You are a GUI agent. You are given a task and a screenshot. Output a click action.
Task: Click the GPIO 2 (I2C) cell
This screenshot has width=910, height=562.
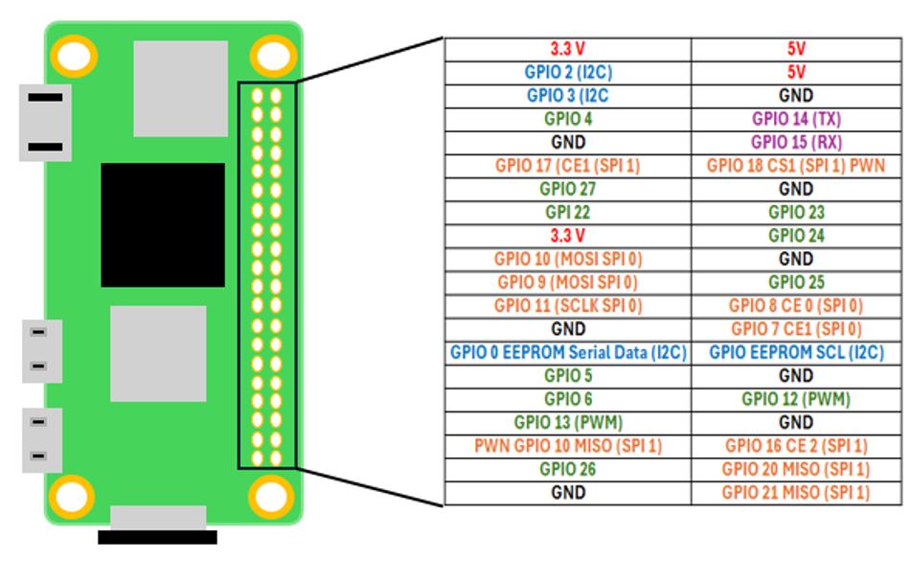pyautogui.click(x=567, y=72)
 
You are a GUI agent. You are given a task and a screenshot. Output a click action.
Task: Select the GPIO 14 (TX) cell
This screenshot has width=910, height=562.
pyautogui.click(x=796, y=119)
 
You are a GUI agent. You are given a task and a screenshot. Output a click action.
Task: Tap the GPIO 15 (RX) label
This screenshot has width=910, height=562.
pyautogui.click(x=796, y=142)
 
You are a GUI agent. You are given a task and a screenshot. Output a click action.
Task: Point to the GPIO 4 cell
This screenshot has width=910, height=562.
pyautogui.click(x=567, y=119)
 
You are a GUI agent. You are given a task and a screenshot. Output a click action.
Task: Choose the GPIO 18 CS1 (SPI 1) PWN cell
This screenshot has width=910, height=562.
pyautogui.click(x=796, y=166)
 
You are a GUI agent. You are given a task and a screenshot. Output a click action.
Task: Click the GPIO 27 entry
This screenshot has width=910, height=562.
pyautogui.click(x=567, y=189)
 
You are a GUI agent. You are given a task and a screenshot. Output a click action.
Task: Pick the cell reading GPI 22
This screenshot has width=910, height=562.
pyautogui.click(x=567, y=212)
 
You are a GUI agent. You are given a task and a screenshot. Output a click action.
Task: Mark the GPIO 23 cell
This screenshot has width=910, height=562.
pyautogui.click(x=796, y=212)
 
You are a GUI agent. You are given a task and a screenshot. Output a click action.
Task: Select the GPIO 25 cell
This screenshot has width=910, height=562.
pyautogui.click(x=796, y=282)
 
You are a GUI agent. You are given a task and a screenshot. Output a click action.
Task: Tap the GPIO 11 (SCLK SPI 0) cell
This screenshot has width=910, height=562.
pyautogui.click(x=567, y=306)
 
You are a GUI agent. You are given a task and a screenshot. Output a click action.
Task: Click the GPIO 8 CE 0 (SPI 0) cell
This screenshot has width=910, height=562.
pyautogui.click(x=796, y=306)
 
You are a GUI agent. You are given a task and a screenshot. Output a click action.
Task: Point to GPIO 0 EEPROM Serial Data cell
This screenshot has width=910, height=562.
pyautogui.click(x=567, y=353)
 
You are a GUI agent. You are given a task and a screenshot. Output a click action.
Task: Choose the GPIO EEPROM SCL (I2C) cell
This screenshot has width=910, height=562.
pyautogui.click(x=796, y=353)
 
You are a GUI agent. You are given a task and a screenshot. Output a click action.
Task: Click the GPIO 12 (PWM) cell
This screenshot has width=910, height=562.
pyautogui.click(x=796, y=399)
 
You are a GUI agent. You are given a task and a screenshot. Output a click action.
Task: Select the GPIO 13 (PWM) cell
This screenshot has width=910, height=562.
pyautogui.click(x=567, y=423)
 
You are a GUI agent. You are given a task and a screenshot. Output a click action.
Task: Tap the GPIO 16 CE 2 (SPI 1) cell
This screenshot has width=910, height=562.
pyautogui.click(x=796, y=446)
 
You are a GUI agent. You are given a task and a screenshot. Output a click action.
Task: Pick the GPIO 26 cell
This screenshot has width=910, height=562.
pyautogui.click(x=567, y=469)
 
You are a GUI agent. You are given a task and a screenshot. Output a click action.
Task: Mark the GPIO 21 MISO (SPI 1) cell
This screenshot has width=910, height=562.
pyautogui.click(x=796, y=493)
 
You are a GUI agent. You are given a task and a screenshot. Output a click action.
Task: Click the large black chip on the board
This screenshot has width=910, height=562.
pyautogui.click(x=163, y=224)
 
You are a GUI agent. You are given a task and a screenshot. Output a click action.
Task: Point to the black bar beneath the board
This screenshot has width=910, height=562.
pyautogui.click(x=157, y=537)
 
